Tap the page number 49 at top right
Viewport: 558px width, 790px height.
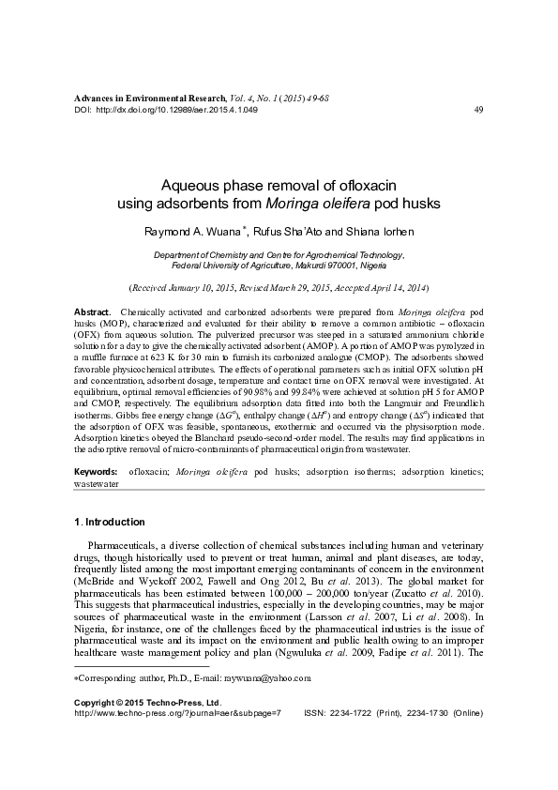[x=479, y=110]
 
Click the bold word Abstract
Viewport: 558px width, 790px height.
[x=91, y=310]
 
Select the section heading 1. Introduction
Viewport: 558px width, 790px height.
[x=109, y=522]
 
